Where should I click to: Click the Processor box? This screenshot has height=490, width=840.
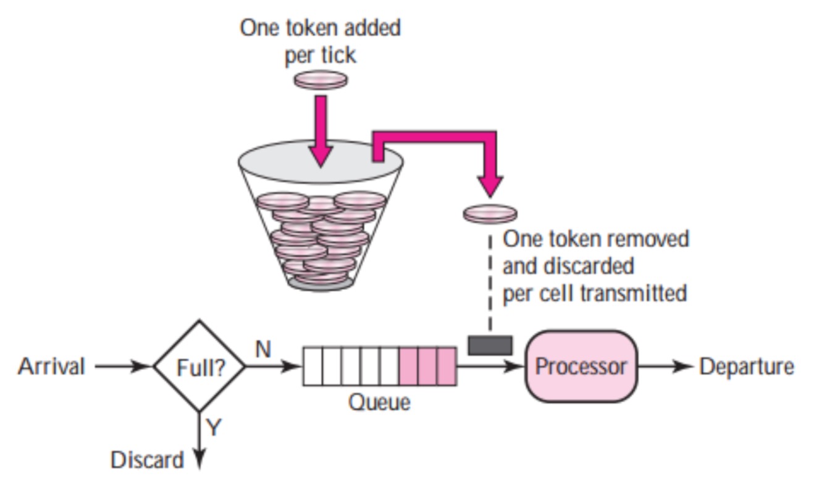click(581, 367)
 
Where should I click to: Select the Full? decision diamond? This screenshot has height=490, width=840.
click(199, 367)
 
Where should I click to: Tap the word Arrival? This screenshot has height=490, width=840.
click(51, 367)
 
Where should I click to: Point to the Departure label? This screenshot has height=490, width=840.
click(746, 367)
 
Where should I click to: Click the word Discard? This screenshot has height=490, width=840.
click(147, 460)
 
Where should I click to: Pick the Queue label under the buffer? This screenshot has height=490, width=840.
click(379, 402)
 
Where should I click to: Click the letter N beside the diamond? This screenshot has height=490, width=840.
click(263, 349)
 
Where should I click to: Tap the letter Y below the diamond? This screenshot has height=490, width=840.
click(213, 427)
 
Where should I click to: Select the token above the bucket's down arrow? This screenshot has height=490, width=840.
click(321, 80)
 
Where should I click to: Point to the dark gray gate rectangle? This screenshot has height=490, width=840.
click(490, 346)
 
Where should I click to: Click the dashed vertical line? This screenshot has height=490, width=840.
click(490, 284)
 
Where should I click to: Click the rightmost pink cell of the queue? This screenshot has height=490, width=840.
click(447, 367)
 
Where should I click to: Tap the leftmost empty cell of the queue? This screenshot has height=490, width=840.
click(313, 367)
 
